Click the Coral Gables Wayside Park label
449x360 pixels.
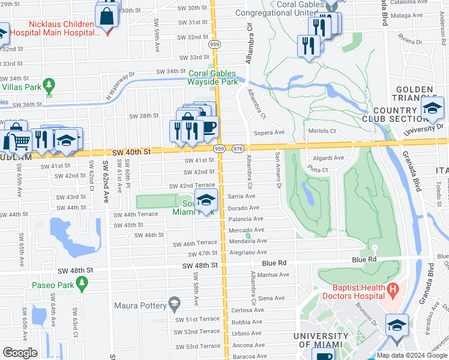point(213,78)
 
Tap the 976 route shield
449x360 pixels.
point(238,149)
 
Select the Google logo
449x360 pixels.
point(20,352)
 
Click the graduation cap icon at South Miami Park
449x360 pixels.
point(206,201)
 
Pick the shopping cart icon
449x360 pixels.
point(20,142)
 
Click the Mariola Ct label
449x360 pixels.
point(322,130)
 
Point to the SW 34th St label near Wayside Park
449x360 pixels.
point(171,71)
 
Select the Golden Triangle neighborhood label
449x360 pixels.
point(415,94)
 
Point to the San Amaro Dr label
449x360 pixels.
point(277,169)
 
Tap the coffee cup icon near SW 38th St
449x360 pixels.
point(209,127)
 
